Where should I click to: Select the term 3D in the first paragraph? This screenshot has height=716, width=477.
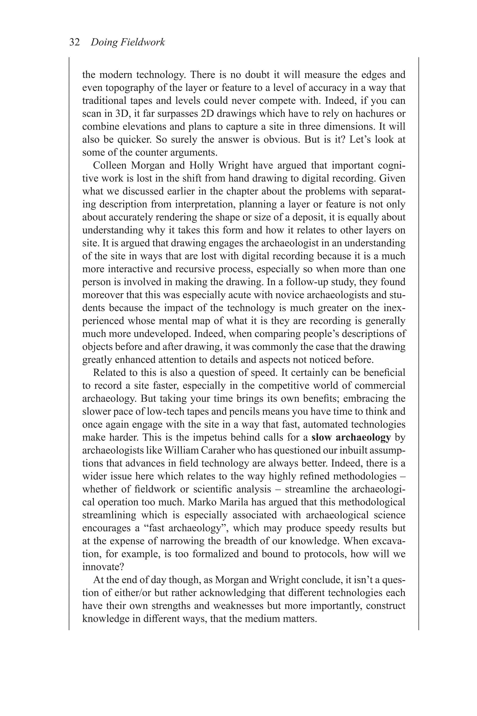click(122, 114)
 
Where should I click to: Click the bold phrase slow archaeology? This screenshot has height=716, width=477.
click(351, 437)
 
